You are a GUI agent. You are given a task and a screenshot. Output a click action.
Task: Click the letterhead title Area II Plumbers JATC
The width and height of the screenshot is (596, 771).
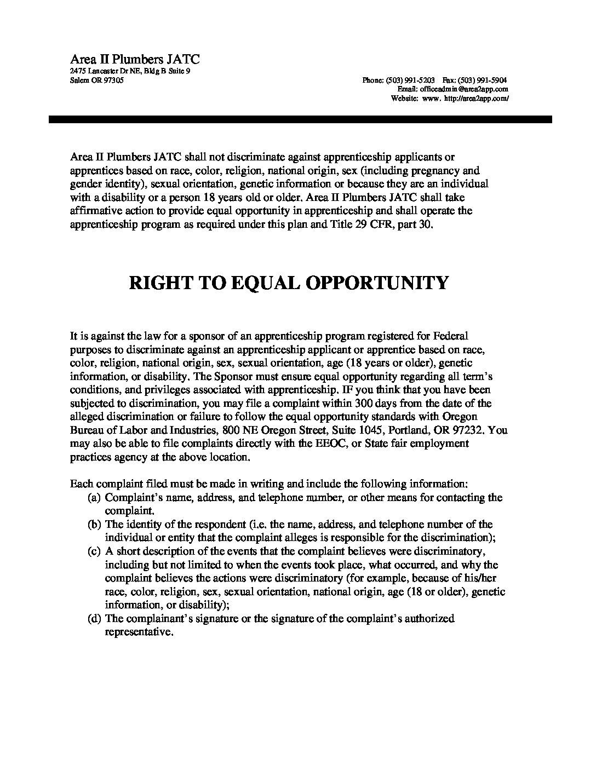[135, 59]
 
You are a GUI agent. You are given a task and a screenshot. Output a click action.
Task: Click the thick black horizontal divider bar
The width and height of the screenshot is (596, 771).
[300, 119]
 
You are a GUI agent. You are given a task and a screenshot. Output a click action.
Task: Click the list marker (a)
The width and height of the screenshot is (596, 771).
[95, 498]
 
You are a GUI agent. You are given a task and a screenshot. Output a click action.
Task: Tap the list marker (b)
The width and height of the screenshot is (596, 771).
[95, 525]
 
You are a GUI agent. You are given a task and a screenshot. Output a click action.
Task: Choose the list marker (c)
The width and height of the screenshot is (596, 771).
[95, 551]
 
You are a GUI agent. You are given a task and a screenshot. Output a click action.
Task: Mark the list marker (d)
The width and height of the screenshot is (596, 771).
[95, 619]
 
